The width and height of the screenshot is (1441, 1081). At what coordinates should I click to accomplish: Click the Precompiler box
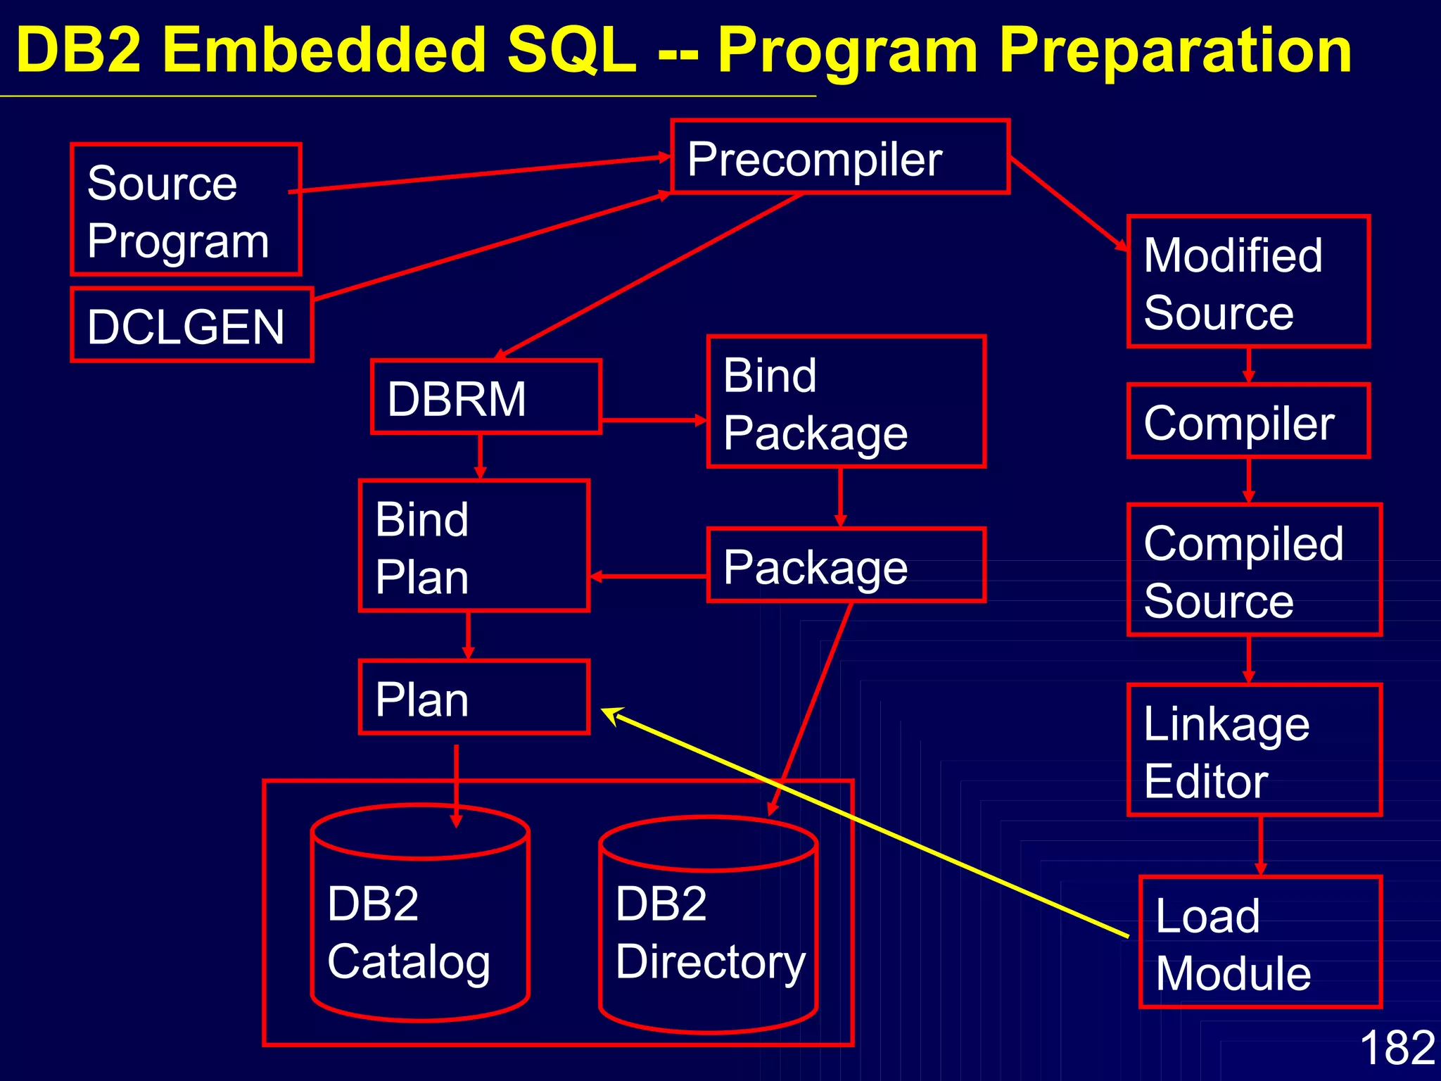(x=840, y=157)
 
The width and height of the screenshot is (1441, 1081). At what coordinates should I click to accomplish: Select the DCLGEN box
(x=192, y=325)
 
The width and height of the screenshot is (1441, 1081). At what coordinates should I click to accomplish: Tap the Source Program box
(x=186, y=210)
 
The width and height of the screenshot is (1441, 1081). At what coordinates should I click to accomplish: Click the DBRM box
(x=485, y=397)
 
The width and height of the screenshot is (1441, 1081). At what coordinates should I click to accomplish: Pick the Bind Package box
(x=846, y=402)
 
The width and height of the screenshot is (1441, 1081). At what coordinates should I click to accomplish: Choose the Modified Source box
(x=1248, y=282)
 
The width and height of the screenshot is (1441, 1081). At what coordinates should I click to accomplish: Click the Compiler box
(x=1248, y=421)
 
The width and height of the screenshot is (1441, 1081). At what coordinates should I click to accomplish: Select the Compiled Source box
(x=1255, y=570)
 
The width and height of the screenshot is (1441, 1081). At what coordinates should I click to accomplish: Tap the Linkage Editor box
(x=1255, y=750)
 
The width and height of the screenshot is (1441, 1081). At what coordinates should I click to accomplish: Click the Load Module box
(x=1260, y=942)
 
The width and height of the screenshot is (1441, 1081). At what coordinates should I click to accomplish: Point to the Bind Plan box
(x=474, y=546)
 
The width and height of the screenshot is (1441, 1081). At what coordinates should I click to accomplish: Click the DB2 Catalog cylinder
(x=420, y=922)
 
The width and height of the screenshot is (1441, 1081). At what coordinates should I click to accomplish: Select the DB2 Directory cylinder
(x=708, y=929)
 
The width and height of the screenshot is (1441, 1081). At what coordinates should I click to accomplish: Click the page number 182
(x=1397, y=1047)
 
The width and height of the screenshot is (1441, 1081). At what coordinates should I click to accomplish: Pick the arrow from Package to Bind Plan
(x=647, y=576)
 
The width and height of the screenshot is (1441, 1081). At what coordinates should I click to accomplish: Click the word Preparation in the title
(x=1174, y=51)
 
